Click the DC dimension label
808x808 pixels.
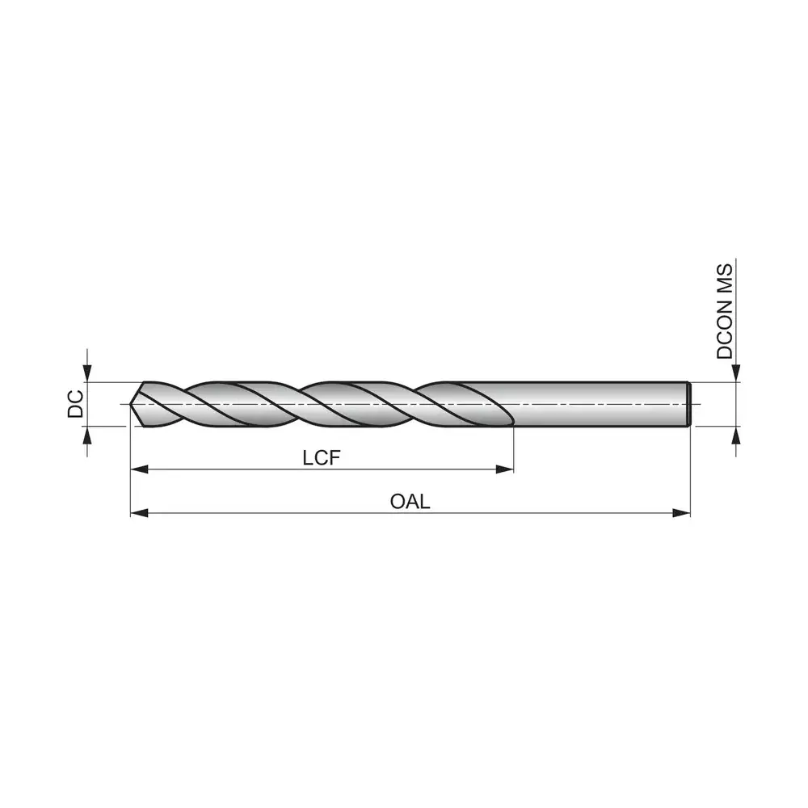click(x=75, y=404)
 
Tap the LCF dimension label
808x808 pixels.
click(x=322, y=457)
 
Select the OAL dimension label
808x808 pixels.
click(x=410, y=502)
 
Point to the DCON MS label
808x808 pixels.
click(x=724, y=311)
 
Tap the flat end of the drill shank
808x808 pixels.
click(x=689, y=404)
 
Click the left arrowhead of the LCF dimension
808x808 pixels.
click(x=139, y=469)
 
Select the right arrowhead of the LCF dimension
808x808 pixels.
click(x=504, y=469)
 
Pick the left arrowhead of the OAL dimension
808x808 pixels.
click(x=139, y=513)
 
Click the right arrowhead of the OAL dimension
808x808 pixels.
click(x=682, y=513)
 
